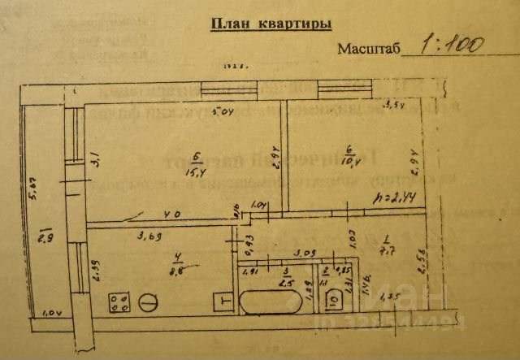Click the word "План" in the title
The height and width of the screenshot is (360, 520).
click(229, 24)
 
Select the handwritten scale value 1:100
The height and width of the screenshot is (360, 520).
click(448, 44)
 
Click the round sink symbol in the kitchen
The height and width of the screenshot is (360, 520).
click(149, 302)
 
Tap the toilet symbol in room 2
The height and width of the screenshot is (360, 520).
click(334, 303)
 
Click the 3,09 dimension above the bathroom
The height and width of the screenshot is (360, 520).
click(304, 253)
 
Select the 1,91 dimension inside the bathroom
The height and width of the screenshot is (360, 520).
click(251, 272)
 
